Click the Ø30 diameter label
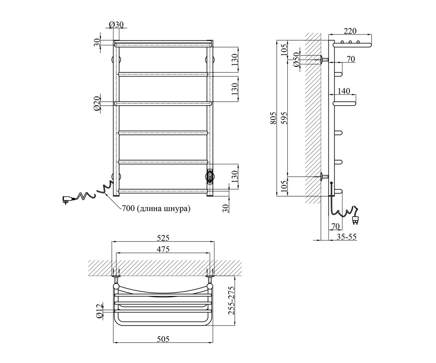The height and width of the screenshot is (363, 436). [116, 25]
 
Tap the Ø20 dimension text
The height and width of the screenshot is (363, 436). [97, 104]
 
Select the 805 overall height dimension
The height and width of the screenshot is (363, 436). [273, 118]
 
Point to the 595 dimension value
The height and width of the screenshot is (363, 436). [284, 118]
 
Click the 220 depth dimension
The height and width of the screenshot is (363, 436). [350, 31]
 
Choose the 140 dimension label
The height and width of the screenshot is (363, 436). [344, 91]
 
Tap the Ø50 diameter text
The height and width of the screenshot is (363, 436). [296, 60]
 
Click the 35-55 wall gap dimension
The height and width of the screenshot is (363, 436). [346, 237]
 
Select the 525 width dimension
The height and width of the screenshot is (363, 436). [163, 238]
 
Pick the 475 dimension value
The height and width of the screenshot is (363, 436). [163, 249]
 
